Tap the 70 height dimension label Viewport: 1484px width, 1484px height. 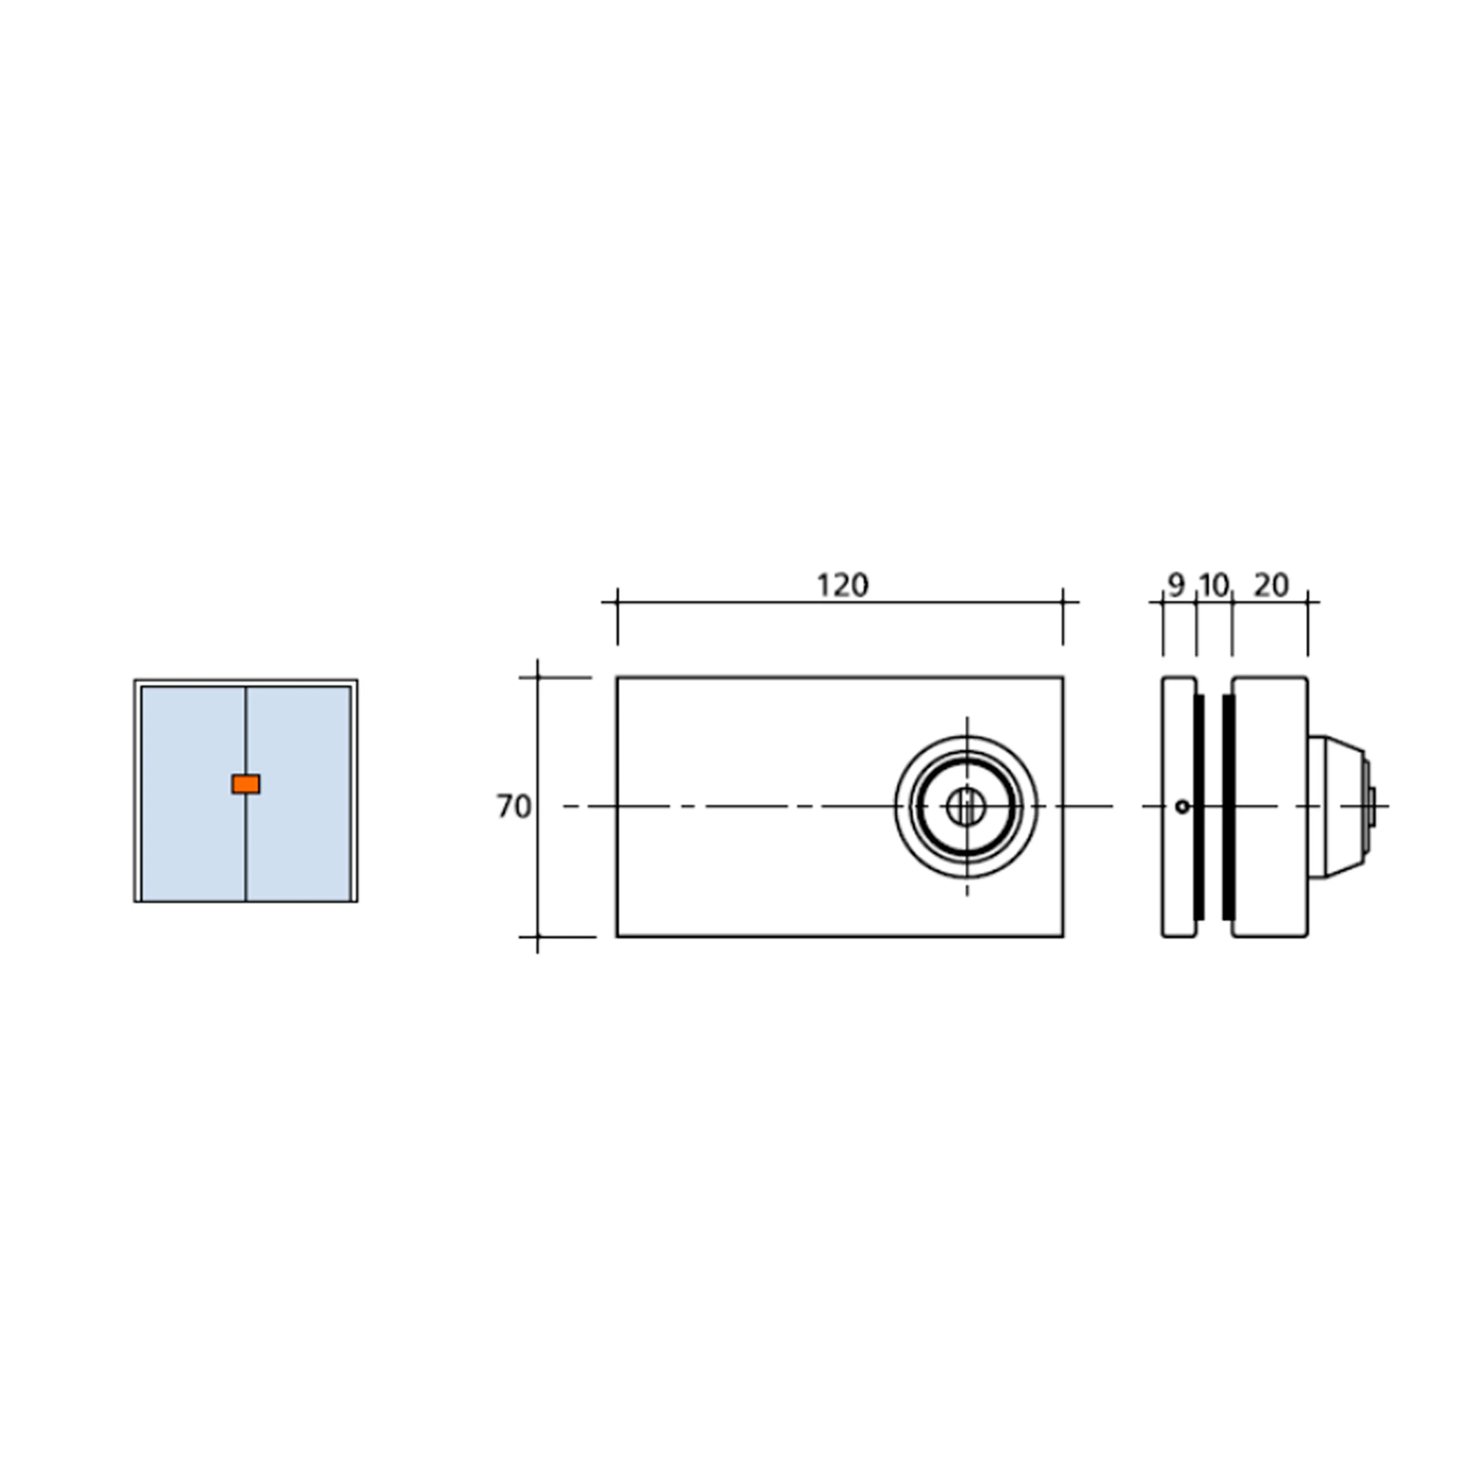[513, 807]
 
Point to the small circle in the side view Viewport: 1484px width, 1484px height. [1182, 807]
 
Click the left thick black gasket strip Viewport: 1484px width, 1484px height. [1199, 807]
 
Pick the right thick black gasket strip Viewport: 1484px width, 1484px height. [1228, 807]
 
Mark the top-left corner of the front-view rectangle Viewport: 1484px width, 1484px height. [617, 677]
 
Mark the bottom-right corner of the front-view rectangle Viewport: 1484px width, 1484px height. [1063, 936]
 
